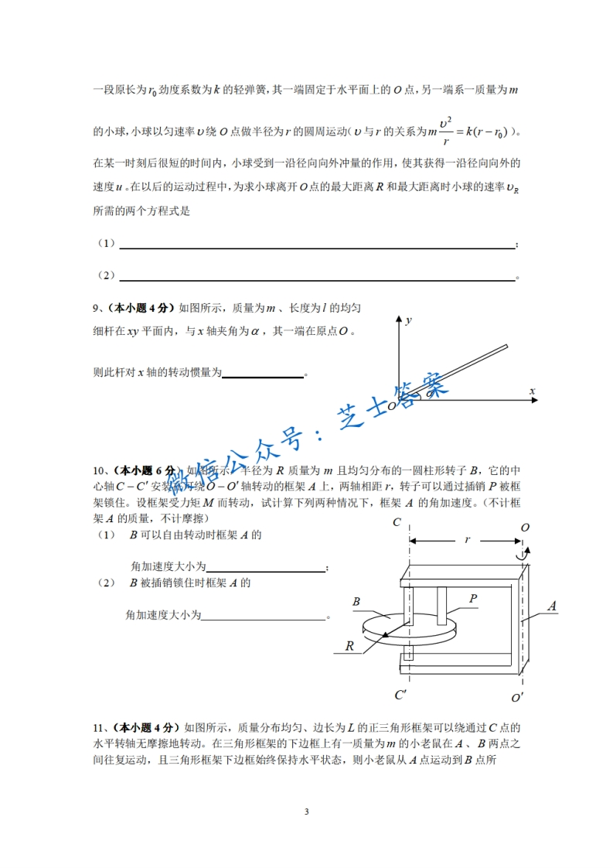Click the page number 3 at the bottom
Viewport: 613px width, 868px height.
307,812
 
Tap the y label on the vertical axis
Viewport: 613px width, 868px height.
408,319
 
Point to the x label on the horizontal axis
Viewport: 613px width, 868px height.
532,391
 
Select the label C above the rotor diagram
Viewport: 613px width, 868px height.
397,523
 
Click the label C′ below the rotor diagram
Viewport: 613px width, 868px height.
400,695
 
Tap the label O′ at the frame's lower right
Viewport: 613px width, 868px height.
518,697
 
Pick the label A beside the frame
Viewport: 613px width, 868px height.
552,607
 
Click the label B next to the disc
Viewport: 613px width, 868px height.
356,601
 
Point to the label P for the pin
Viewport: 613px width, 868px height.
473,598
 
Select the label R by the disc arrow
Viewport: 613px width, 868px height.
349,645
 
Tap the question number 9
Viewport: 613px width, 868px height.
96,308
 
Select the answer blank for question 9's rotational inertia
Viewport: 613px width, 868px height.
263,377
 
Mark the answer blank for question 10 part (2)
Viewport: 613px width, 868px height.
263,618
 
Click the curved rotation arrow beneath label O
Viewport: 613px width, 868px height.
525,555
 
